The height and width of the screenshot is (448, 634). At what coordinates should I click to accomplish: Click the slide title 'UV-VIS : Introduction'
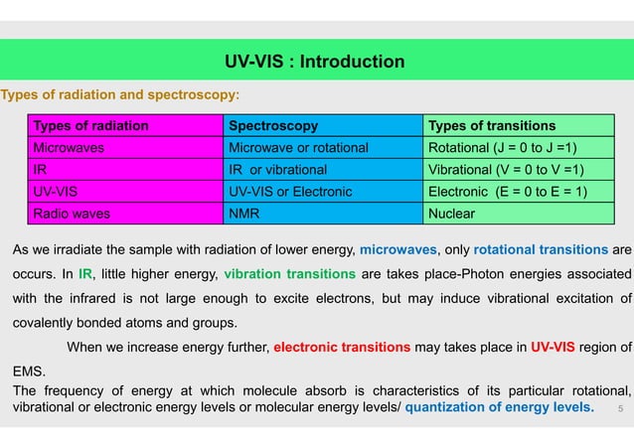click(316, 63)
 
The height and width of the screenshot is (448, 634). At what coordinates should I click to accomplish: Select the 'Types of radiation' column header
click(90, 126)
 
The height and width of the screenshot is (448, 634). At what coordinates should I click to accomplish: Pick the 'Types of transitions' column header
click(491, 126)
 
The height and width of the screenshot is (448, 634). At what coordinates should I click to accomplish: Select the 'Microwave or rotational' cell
click(298, 148)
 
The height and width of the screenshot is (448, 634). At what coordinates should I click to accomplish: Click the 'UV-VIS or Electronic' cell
click(288, 191)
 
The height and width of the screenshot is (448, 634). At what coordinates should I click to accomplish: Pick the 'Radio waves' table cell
click(71, 213)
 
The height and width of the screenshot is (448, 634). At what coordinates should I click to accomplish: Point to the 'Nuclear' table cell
click(452, 213)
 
